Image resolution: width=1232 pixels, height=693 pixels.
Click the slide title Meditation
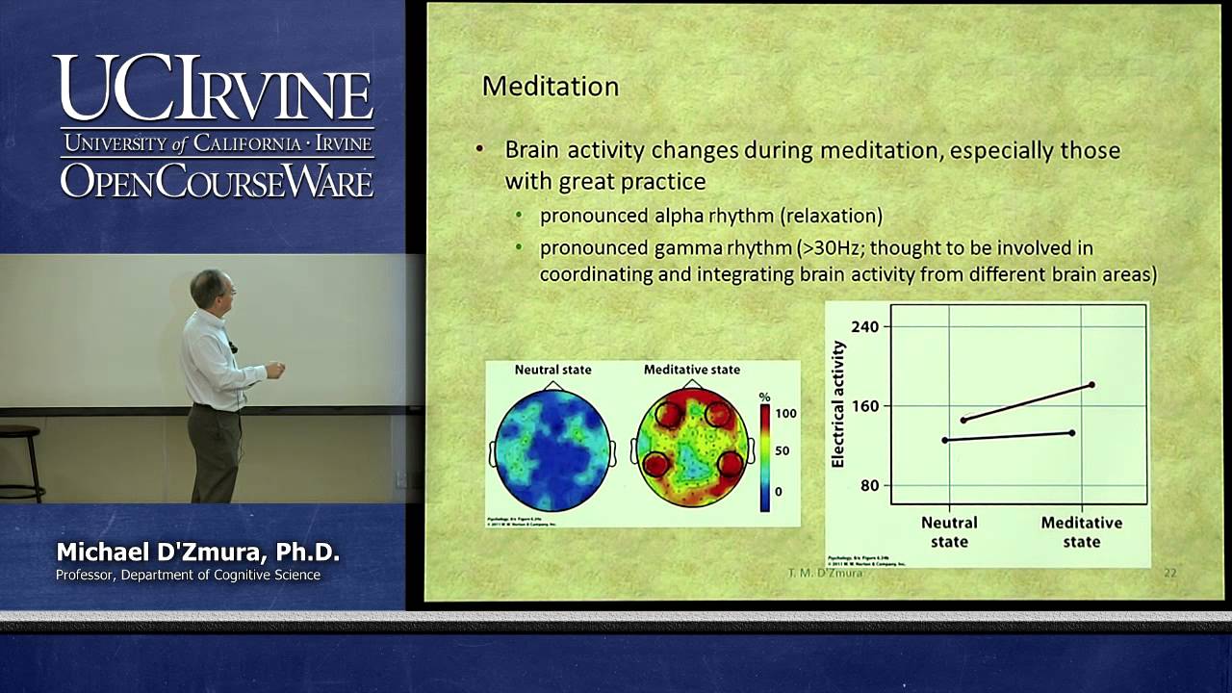coord(550,87)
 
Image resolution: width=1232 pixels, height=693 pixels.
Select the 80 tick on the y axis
coord(869,485)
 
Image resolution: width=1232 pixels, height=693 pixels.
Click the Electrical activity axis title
coord(837,404)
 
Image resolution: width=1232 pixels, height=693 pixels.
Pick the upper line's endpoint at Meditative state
coord(1091,385)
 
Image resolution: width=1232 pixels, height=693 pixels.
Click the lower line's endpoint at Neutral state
coord(945,440)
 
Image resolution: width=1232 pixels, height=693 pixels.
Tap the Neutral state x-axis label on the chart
coord(949,531)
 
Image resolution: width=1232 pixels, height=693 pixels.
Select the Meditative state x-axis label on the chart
coord(1081,531)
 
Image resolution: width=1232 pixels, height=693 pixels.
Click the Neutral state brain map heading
coord(552,370)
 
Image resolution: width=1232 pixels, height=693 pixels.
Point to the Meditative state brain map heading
coord(691,370)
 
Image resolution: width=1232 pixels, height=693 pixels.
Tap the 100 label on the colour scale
coord(785,414)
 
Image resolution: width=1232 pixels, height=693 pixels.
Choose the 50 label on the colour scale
coord(783,450)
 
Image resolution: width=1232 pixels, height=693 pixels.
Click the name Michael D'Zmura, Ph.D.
coord(197,552)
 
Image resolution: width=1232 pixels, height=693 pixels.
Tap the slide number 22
coord(1169,573)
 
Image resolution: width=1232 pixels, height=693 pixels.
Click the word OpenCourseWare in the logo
coord(217,181)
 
